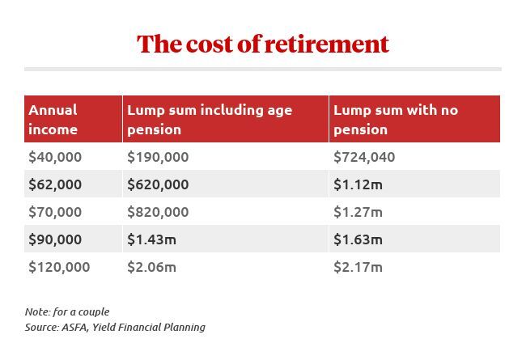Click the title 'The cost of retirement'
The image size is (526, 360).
262,44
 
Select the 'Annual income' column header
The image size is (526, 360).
53,119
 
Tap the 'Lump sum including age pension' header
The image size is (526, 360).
210,119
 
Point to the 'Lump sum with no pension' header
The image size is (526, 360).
396,119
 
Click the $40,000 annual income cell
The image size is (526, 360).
55,157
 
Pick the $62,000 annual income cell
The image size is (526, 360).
55,184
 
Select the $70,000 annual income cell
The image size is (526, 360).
55,212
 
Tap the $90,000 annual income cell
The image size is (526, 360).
55,239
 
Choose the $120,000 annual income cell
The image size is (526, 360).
59,267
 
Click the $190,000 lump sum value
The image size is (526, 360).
158,157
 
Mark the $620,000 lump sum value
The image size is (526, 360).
158,184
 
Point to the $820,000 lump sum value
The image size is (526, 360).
158,212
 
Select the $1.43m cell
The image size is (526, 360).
151,239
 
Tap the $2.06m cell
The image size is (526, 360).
151,267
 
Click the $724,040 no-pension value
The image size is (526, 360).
364,157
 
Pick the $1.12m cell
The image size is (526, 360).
358,184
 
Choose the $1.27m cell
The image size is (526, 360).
358,212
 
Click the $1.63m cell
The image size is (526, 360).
358,239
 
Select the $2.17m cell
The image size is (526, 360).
358,267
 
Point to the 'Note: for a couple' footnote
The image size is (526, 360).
67,311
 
